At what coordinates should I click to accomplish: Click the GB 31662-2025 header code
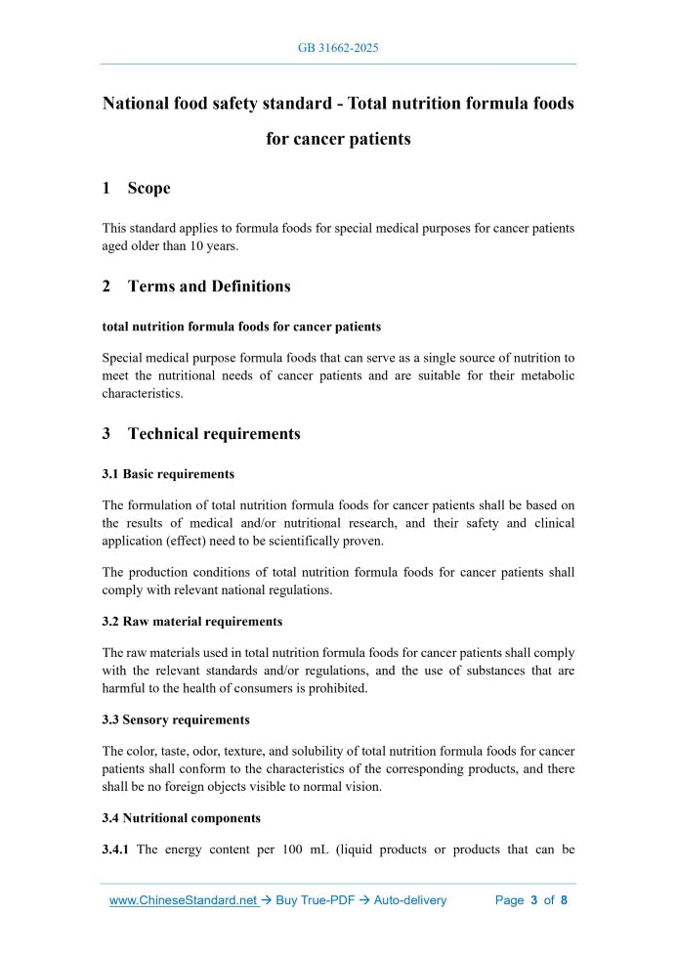pos(338,48)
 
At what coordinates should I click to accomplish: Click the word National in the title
pos(140,103)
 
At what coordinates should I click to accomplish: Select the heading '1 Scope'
pos(137,188)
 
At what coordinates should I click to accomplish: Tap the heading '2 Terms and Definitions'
pos(196,286)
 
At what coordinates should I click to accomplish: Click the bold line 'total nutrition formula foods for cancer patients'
pos(241,327)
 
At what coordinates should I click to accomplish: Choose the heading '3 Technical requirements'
pos(201,433)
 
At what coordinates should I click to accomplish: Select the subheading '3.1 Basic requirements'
pos(168,474)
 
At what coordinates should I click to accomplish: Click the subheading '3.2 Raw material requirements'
pos(192,622)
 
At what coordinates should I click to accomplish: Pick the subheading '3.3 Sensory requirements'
pos(176,719)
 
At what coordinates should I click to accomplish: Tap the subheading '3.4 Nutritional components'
pos(181,818)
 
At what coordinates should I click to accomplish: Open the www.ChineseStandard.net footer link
pos(183,900)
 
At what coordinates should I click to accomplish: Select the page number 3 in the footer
pos(534,900)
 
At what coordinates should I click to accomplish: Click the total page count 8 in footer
pos(564,900)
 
